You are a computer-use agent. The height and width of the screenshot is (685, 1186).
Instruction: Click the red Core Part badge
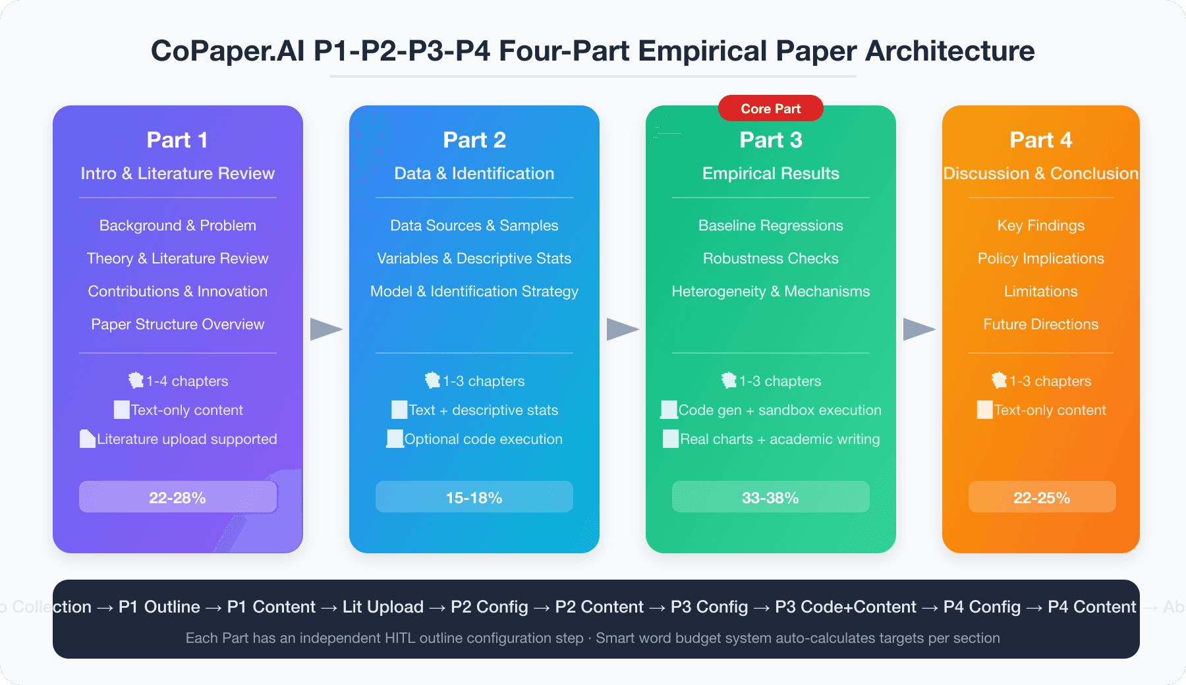point(770,109)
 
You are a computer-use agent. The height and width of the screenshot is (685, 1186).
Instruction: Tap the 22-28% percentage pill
point(178,497)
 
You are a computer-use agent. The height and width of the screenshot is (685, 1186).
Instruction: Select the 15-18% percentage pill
point(474,497)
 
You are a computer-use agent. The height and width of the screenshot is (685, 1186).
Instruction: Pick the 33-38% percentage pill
point(770,497)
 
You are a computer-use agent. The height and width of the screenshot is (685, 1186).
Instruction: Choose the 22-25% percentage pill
point(1042,497)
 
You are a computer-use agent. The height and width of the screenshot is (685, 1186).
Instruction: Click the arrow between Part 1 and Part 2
point(325,329)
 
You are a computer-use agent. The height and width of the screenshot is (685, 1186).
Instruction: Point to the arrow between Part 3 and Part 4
point(918,329)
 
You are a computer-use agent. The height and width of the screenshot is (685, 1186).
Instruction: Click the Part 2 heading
point(474,140)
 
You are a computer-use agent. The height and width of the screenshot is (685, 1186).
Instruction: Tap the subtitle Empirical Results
point(770,173)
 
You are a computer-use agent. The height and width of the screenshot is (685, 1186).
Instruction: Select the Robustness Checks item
point(770,258)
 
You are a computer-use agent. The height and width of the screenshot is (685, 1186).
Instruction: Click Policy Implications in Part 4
point(1040,258)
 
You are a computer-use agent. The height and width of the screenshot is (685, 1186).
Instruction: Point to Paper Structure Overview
point(178,324)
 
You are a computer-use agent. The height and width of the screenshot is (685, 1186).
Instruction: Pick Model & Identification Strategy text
point(474,291)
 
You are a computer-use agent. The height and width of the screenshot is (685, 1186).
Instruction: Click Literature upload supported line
point(186,439)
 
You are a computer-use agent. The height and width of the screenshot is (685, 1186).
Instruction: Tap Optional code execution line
point(483,439)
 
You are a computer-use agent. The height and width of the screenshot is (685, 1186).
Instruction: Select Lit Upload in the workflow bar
point(383,607)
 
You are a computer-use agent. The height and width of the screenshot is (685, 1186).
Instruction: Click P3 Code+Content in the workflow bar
point(845,607)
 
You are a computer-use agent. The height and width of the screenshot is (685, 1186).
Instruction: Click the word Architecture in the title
point(949,51)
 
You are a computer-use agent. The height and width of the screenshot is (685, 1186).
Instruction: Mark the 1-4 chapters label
point(186,381)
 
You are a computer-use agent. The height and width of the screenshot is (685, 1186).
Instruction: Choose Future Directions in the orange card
point(1040,324)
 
